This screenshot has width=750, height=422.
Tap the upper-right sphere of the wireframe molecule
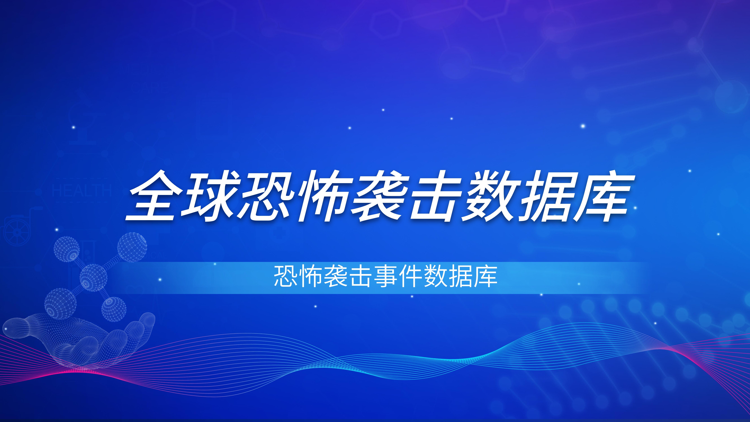coord(132,247)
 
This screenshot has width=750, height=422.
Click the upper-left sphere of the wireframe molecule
coord(67,249)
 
